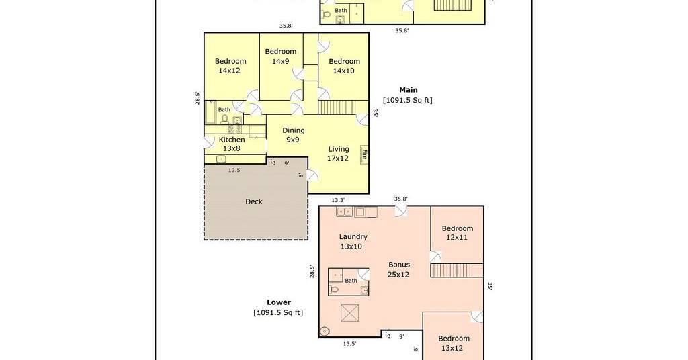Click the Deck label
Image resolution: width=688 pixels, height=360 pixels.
[x=253, y=201]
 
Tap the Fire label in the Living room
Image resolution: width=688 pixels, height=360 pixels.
[x=364, y=154]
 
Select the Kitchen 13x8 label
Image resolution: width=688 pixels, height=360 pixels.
[x=232, y=144]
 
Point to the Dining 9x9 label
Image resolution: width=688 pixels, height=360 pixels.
[x=293, y=134]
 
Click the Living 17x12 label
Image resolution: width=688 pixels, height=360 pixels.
[x=339, y=154]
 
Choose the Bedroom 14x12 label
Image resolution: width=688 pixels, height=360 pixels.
[x=230, y=66]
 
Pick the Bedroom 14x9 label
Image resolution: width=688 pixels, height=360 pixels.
[x=280, y=56]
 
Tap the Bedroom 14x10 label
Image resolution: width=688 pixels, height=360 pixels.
[x=344, y=66]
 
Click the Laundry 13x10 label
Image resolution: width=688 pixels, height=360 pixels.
[x=353, y=242]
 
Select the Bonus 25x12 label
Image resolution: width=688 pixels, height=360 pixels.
[x=399, y=269]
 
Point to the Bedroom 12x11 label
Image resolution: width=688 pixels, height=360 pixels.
[x=457, y=233]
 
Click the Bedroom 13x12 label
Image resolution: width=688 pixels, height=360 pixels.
[x=454, y=343]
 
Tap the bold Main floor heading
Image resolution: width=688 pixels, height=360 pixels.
[x=408, y=90]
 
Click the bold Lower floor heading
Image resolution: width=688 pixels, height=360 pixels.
[x=279, y=302]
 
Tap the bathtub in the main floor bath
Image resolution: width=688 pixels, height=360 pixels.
[x=210, y=112]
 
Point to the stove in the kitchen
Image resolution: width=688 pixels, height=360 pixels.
[x=235, y=130]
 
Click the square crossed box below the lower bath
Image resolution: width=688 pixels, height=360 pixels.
[x=349, y=313]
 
